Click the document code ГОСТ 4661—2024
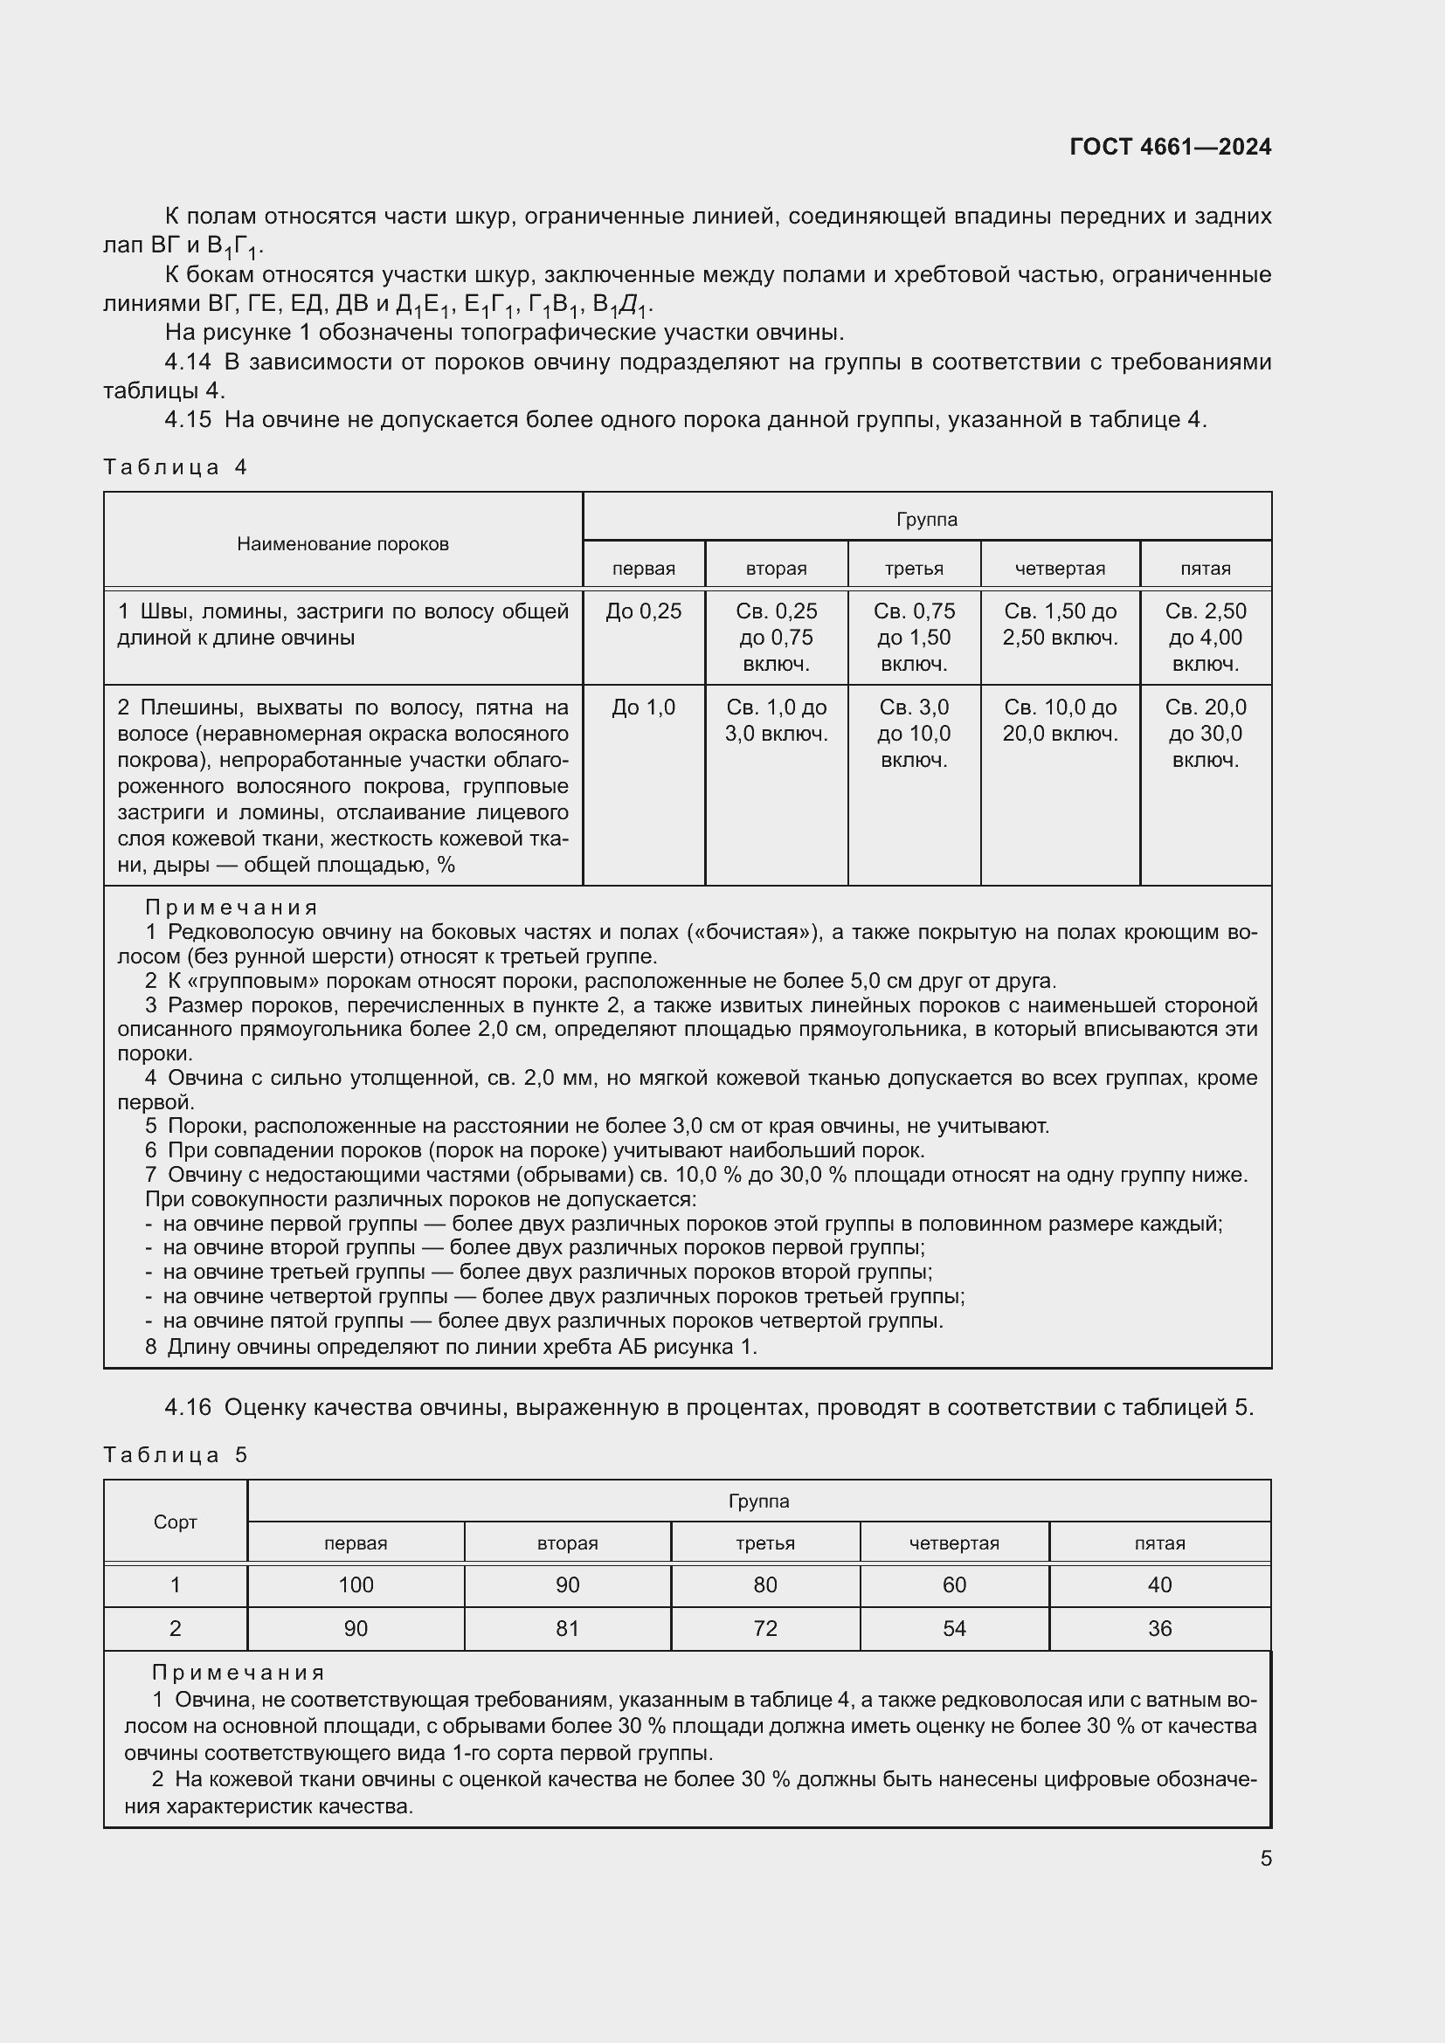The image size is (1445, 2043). pyautogui.click(x=1170, y=147)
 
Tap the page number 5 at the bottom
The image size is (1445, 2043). pyautogui.click(x=1265, y=1859)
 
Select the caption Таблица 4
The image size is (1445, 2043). pyautogui.click(x=176, y=467)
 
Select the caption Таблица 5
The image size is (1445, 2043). pyautogui.click(x=176, y=1455)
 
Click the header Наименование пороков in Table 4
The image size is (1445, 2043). pyautogui.click(x=342, y=543)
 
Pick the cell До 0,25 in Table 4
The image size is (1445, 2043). pyautogui.click(x=643, y=611)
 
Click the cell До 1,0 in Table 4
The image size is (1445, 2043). pyautogui.click(x=643, y=707)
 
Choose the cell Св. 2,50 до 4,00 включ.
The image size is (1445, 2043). pyautogui.click(x=1206, y=637)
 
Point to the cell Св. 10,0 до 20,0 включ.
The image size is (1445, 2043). pyautogui.click(x=1060, y=721)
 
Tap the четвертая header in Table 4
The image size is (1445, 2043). pyautogui.click(x=1060, y=569)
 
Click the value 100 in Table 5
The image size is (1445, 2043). pyautogui.click(x=356, y=1584)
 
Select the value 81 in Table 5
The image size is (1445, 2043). pyautogui.click(x=568, y=1628)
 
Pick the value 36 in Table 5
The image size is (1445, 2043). pyautogui.click(x=1159, y=1628)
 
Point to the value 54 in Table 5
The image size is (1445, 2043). pyautogui.click(x=954, y=1628)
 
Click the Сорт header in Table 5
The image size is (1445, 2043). pyautogui.click(x=176, y=1522)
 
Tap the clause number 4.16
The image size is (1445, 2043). pyautogui.click(x=188, y=1408)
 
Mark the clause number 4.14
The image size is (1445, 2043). pyautogui.click(x=188, y=362)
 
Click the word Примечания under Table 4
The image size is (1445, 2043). pyautogui.click(x=232, y=908)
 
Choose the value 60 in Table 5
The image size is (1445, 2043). pyautogui.click(x=954, y=1584)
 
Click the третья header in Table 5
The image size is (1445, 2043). pyautogui.click(x=765, y=1543)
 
